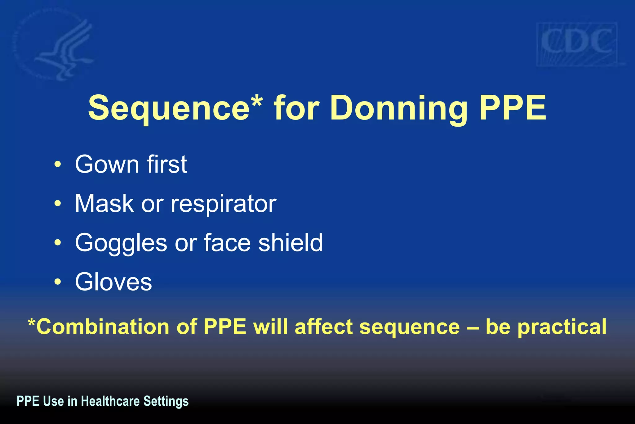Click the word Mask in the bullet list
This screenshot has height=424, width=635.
104,204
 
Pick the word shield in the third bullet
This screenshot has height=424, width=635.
291,242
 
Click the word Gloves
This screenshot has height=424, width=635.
113,282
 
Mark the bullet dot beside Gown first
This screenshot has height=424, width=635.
58,165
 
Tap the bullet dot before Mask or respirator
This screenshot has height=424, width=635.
58,204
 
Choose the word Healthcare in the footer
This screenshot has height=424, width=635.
110,401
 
